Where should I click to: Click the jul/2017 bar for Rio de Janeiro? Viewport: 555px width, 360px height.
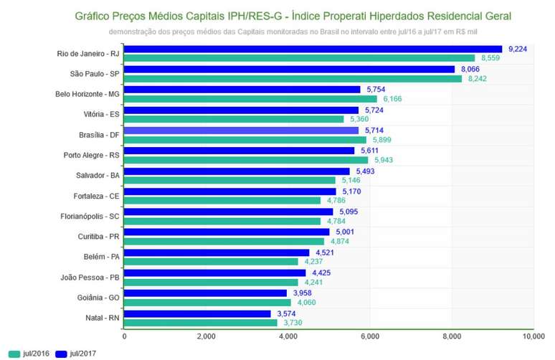[x=313, y=49]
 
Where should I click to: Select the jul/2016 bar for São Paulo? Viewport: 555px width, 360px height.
[x=293, y=78]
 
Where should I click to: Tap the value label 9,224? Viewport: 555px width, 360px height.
[x=518, y=49]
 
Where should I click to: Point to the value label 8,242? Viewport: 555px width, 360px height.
[x=477, y=78]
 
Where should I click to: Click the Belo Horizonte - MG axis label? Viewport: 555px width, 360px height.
[x=87, y=94]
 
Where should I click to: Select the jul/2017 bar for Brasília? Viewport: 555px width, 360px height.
[x=242, y=131]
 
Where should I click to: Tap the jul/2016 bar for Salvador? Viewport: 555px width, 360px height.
[x=229, y=180]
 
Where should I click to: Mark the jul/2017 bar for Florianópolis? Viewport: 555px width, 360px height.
[x=229, y=212]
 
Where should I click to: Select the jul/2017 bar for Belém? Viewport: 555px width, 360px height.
[x=217, y=252]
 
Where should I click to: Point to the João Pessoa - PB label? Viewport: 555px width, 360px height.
[x=88, y=277]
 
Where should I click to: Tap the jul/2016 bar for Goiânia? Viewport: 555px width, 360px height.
[x=207, y=302]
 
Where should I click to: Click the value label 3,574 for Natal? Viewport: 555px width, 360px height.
[x=287, y=313]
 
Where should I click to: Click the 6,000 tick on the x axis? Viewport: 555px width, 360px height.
[x=369, y=336]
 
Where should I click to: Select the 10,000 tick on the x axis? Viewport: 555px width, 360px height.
[x=533, y=336]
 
